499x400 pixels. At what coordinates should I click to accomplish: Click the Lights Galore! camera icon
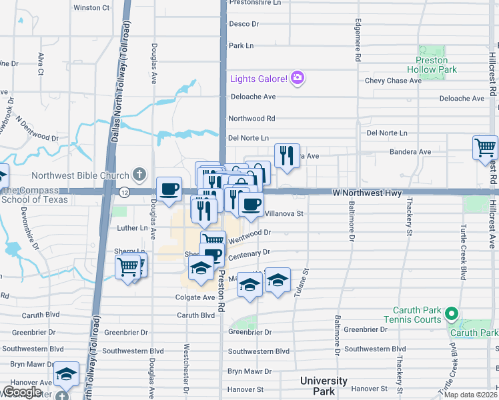[298, 79]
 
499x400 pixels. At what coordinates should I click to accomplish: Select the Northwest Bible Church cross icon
[139, 175]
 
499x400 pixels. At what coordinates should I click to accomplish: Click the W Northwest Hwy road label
[366, 192]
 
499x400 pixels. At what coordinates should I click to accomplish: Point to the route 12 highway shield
[125, 192]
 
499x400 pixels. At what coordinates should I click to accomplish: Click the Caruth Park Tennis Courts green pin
[452, 313]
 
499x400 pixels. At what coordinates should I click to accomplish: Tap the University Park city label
[323, 385]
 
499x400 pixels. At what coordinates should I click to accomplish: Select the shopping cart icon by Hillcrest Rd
[485, 148]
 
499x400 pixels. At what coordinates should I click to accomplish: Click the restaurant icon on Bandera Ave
[287, 156]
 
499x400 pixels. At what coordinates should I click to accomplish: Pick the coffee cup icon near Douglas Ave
[169, 189]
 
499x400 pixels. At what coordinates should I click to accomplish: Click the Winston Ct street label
[91, 8]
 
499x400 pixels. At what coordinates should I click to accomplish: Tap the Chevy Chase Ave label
[393, 81]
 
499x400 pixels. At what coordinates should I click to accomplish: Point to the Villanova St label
[284, 214]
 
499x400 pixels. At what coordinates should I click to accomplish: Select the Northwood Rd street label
[252, 119]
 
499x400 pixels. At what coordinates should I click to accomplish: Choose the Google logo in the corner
[21, 392]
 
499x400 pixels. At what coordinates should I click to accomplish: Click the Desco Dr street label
[243, 24]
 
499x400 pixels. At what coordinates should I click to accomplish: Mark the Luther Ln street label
[132, 228]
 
